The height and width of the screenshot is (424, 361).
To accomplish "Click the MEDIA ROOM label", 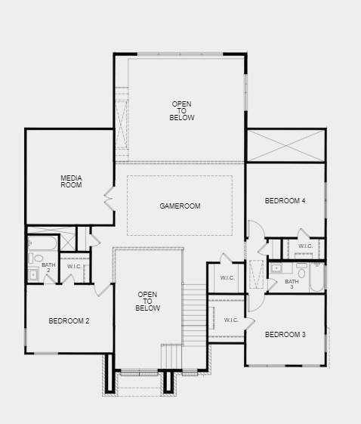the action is tap(71, 181).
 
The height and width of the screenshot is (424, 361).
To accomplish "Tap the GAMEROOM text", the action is tap(180, 206).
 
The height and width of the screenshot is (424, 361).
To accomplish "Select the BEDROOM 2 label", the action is tap(69, 321).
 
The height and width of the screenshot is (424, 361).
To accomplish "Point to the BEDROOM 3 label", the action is tap(285, 335).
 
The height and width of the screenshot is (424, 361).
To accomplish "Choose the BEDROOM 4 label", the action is tap(285, 201).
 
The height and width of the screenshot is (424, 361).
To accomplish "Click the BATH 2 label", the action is tap(48, 268).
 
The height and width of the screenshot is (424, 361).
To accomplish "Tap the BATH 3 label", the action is tap(292, 284).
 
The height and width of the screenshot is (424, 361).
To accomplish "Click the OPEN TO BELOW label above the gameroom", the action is tap(182, 111).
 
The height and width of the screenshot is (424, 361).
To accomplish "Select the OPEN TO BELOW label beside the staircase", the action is tap(147, 302).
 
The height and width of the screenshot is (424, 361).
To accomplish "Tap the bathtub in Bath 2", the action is tap(43, 243).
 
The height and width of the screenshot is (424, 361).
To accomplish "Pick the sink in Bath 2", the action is tap(33, 274).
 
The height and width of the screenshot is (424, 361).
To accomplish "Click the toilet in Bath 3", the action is tap(301, 271).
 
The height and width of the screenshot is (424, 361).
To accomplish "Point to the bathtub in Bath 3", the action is tap(316, 277).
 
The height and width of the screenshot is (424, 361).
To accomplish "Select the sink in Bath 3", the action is tap(276, 268).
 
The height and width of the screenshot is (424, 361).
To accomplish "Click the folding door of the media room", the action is tap(110, 199).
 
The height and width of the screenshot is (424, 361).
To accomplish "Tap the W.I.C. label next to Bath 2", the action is tap(74, 267).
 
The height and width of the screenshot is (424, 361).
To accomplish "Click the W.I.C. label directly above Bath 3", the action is tap(306, 246).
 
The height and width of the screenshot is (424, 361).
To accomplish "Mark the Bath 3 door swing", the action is tap(272, 284).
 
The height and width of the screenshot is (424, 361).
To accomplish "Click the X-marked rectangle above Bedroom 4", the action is tap(286, 146).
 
